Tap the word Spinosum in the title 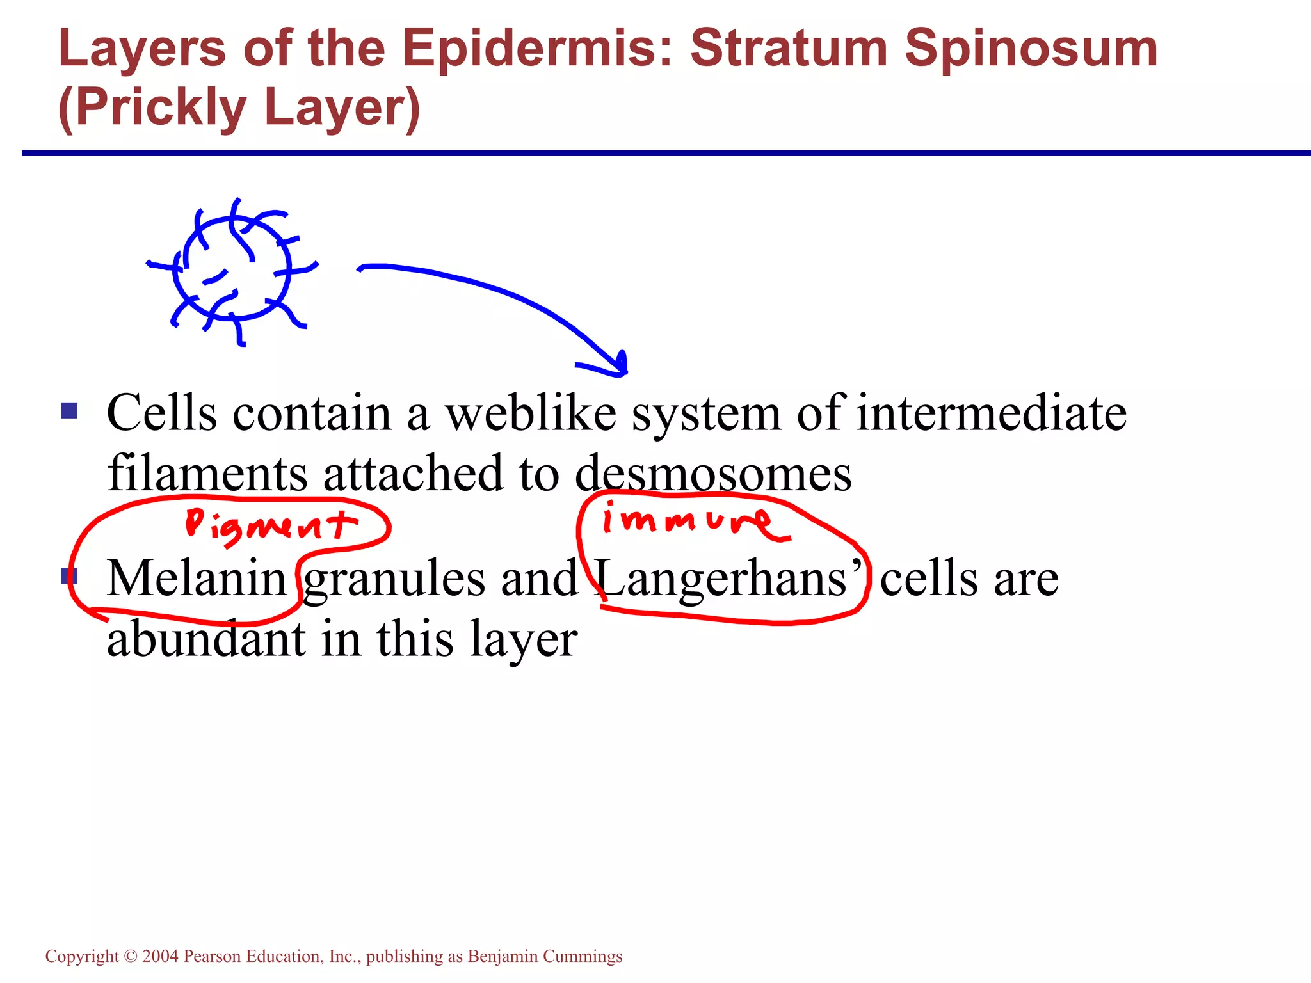(x=1031, y=50)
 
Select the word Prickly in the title (x=160, y=109)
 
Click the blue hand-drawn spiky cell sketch (x=232, y=269)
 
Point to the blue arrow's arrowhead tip (x=623, y=373)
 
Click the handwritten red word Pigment (x=270, y=526)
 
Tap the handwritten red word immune (x=695, y=520)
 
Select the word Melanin (x=196, y=578)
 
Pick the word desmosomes (x=713, y=474)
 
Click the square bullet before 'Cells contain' (x=69, y=410)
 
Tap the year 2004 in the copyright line (x=160, y=956)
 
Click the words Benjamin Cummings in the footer (x=545, y=956)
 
